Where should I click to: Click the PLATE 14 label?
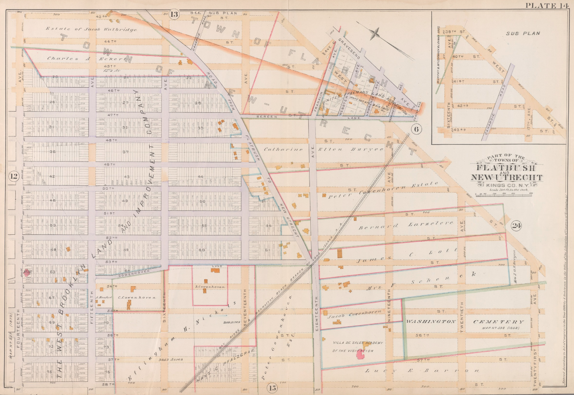tap(548, 5)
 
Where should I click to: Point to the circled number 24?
tap(516, 226)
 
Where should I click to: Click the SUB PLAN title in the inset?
tap(525, 33)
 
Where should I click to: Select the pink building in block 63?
tap(28, 272)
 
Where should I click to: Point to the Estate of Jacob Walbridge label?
tap(91, 29)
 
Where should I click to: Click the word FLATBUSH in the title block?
tap(506, 168)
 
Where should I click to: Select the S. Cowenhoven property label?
tap(210, 286)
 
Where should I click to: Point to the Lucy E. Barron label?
tap(422, 371)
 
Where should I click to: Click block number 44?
tap(200, 177)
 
